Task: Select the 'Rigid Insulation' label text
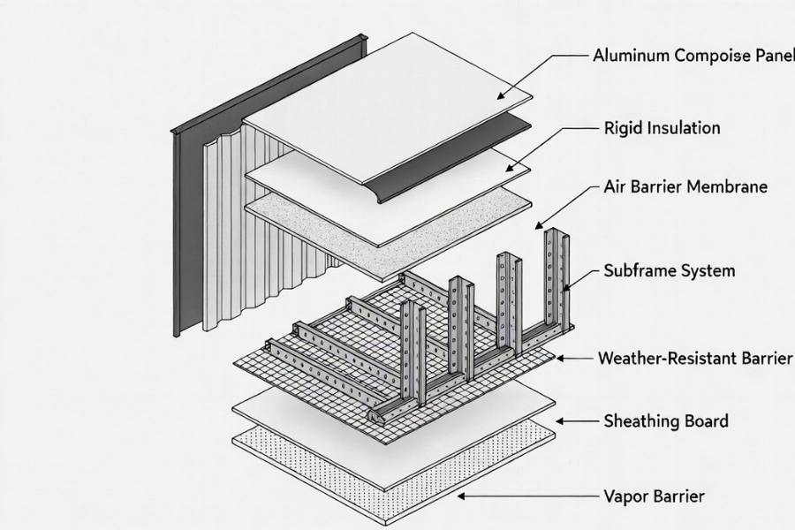tap(662, 127)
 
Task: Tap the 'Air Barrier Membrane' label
tap(685, 186)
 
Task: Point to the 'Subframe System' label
tap(669, 270)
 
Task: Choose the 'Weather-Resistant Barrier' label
tap(695, 358)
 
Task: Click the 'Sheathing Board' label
tap(666, 420)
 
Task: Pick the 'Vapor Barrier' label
tap(655, 496)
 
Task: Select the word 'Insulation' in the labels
tap(684, 127)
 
